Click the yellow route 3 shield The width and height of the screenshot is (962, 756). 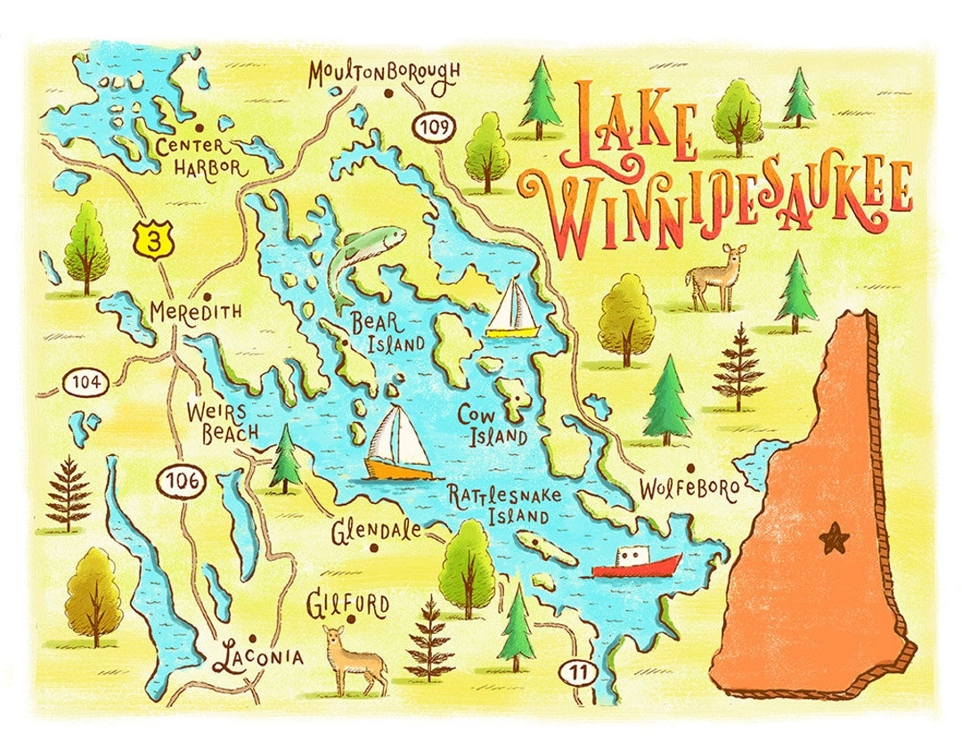click(154, 240)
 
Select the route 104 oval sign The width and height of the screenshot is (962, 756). click(86, 384)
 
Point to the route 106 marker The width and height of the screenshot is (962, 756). click(182, 482)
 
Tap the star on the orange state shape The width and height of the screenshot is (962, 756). click(835, 537)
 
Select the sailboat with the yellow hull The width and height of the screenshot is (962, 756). click(513, 309)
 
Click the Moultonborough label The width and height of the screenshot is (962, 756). click(384, 74)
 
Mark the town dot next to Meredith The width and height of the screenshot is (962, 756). click(207, 297)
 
